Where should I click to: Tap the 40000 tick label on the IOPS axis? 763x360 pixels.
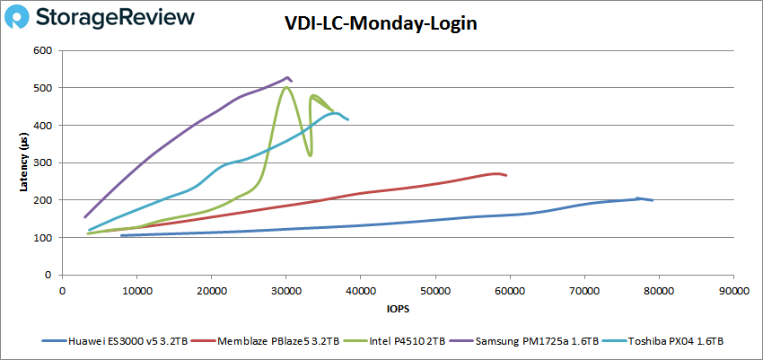(x=361, y=291)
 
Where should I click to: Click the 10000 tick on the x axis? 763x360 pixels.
(x=137, y=291)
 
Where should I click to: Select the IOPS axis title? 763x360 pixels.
(x=397, y=308)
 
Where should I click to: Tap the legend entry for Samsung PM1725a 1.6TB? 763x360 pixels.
(x=526, y=341)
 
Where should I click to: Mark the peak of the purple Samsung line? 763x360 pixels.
(x=287, y=77)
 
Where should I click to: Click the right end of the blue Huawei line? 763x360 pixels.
(x=652, y=200)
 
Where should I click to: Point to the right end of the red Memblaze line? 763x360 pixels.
(x=506, y=175)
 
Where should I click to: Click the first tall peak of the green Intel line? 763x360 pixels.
(x=286, y=87)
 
